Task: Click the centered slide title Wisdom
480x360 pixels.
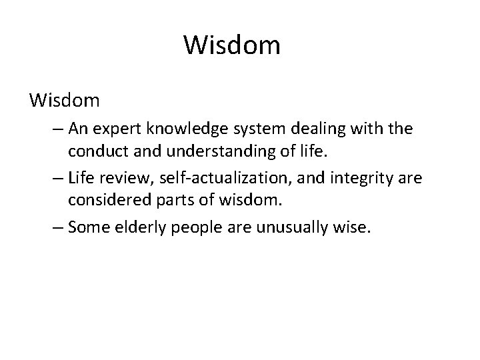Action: coord(233,46)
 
